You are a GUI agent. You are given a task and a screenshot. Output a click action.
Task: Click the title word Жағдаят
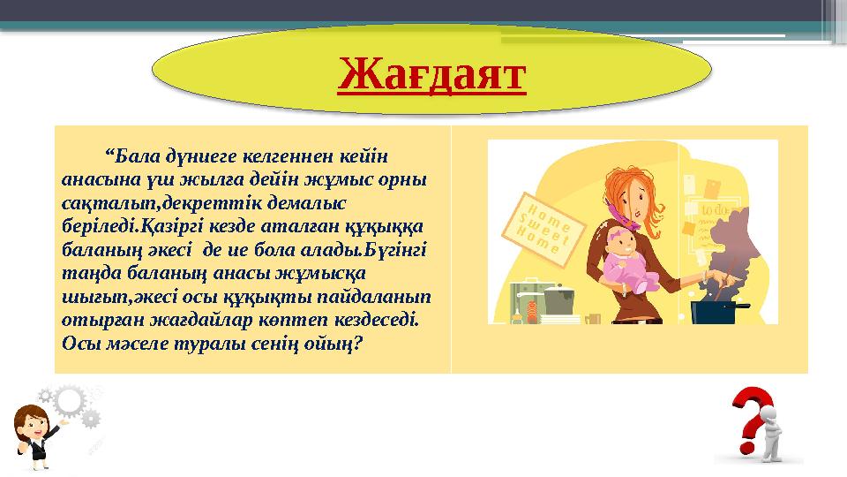point(431,73)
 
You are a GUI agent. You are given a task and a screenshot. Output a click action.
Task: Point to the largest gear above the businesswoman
point(70,401)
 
